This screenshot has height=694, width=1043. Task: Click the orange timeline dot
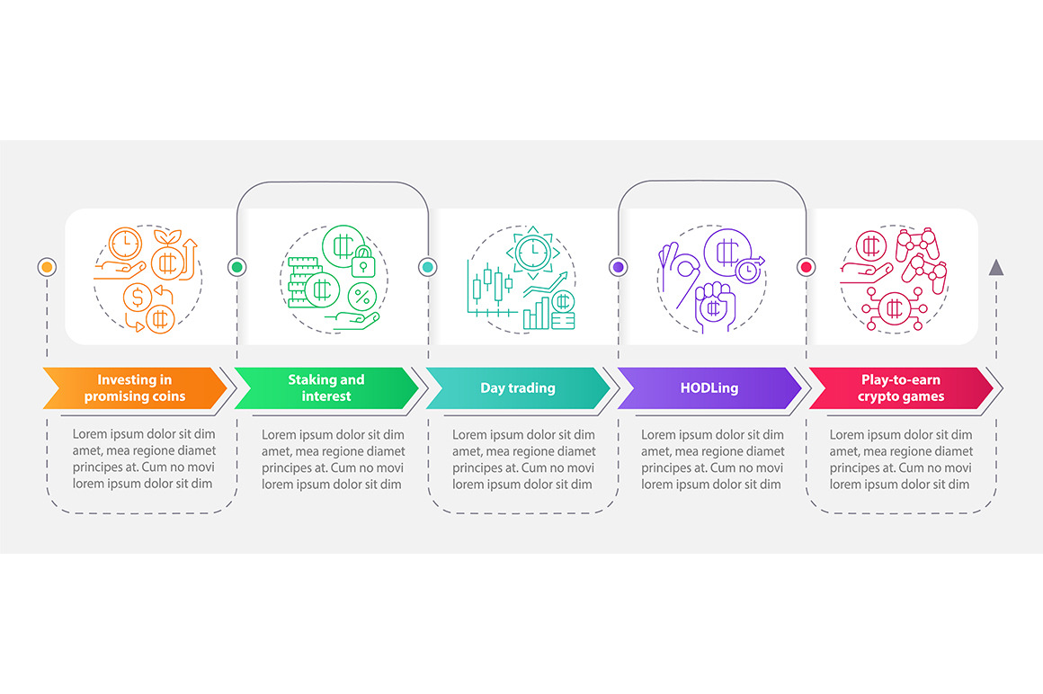47,267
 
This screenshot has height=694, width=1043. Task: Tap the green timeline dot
236,267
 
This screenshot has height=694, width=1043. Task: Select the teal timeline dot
428,267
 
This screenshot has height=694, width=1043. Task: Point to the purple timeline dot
618,267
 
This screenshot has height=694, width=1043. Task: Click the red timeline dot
807,267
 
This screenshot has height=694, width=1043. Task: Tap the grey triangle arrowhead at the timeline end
995,267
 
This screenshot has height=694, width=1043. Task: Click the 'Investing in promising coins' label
134,388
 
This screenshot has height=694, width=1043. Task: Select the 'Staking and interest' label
325,388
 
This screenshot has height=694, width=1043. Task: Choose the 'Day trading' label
518,388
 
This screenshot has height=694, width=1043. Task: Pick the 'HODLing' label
709,388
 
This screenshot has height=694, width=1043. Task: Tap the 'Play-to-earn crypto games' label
901,388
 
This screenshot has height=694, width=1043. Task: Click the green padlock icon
363,262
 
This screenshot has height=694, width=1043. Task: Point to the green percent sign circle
362,297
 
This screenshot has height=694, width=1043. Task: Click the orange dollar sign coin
138,297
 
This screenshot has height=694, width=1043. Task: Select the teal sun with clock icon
532,253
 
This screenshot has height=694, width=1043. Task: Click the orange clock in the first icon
125,244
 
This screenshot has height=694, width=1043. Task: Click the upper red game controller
917,245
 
